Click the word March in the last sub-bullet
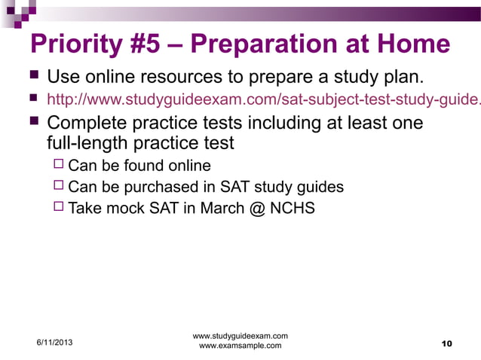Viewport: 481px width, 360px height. pyautogui.click(x=222, y=208)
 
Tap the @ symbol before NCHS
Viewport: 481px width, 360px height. pyautogui.click(x=256, y=208)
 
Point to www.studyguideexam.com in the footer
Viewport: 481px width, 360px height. pyautogui.click(x=240, y=335)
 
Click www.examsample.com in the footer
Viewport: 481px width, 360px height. pyautogui.click(x=240, y=346)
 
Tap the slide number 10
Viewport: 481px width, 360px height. pyautogui.click(x=446, y=344)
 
